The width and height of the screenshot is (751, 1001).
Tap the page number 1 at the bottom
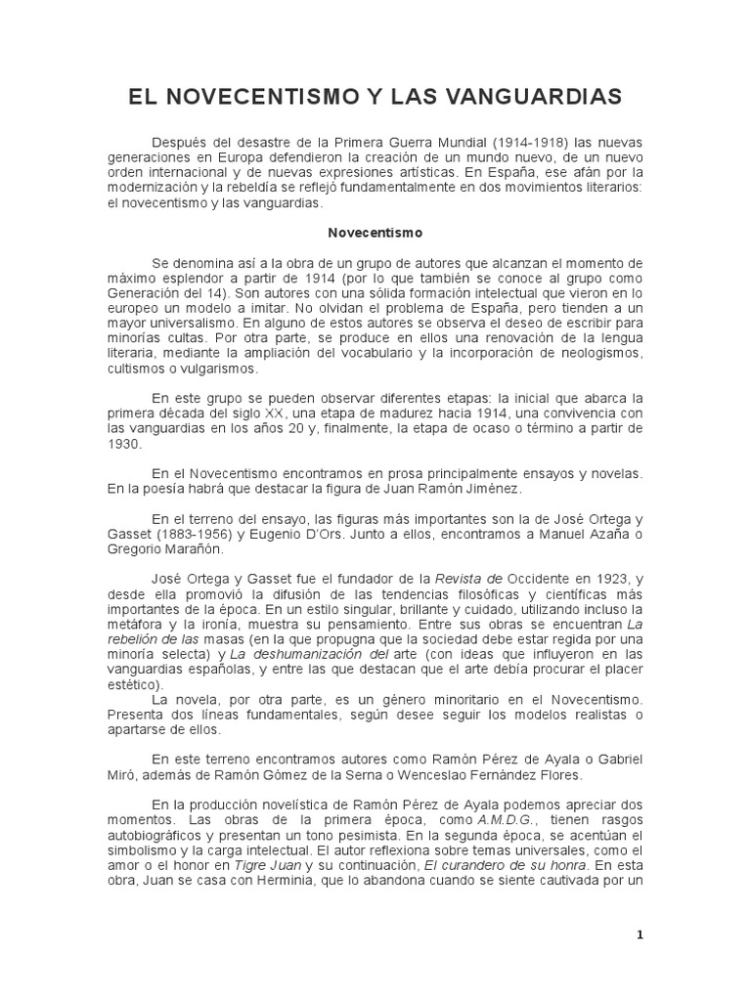640,935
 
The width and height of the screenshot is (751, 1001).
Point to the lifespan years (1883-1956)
200,534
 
